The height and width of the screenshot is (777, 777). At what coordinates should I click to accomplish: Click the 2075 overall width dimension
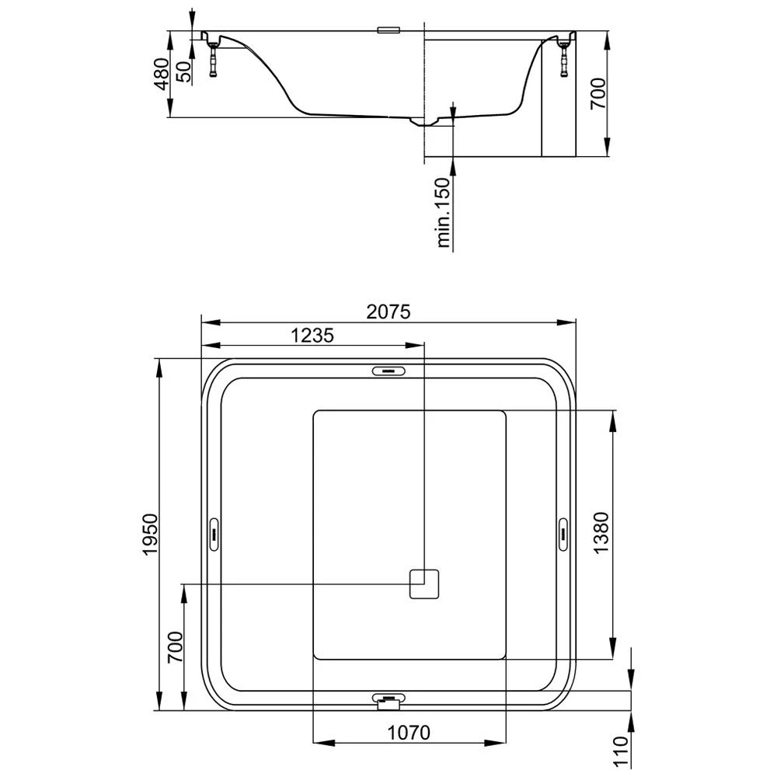tap(388, 312)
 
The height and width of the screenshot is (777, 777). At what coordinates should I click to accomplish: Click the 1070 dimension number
tap(409, 732)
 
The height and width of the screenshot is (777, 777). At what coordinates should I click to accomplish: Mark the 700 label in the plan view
tap(175, 646)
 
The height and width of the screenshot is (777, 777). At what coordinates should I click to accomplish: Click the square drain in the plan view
tap(425, 584)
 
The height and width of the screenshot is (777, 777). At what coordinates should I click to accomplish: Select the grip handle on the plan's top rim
tap(389, 371)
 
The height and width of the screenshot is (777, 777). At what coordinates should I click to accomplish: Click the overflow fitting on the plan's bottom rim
tap(388, 701)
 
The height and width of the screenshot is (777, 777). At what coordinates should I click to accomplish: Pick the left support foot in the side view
tap(214, 59)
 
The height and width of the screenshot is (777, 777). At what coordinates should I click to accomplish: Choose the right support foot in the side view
tap(562, 57)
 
